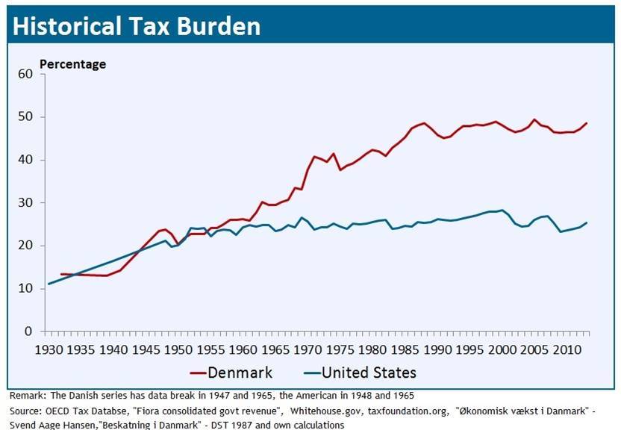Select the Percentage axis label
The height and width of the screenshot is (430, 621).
72,64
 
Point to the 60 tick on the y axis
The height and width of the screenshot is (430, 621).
25,74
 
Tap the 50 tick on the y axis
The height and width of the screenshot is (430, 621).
25,117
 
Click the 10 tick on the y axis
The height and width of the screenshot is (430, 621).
25,288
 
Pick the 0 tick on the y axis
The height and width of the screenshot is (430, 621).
29,331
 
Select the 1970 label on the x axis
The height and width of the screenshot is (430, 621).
306,348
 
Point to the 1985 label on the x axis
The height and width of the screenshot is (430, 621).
402,348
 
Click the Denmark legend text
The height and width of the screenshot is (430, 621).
240,372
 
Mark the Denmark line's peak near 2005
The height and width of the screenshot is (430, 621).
534,119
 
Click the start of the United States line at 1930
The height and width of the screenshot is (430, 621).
49,284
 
